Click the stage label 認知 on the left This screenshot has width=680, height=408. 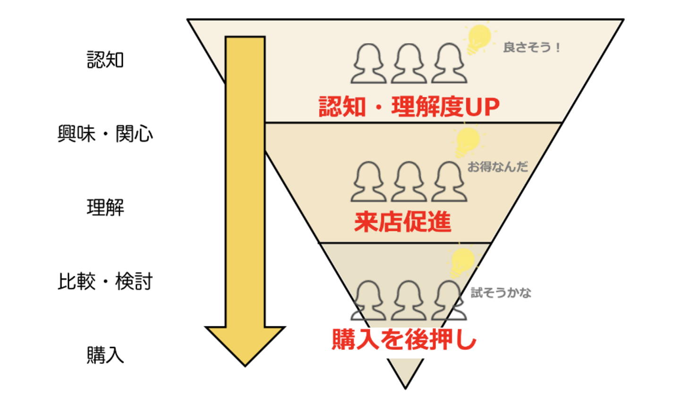pos(105,59)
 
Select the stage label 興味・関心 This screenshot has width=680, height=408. pos(105,133)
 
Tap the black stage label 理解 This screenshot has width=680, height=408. pos(105,208)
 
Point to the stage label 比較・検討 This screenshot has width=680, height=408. pos(105,281)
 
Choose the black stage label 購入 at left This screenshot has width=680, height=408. pos(105,355)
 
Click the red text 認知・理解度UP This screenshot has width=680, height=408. pos(409,107)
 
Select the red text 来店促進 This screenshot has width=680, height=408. pos(403,222)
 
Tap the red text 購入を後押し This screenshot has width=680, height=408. pos(404,340)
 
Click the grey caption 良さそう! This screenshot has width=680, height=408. pos(531,47)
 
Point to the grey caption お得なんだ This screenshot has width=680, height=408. pos(498,167)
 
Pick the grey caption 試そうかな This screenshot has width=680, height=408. pos(501,292)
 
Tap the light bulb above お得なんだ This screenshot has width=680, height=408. pos(467,142)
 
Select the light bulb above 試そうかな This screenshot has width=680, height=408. pos(462,263)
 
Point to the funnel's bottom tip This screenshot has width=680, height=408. pos(405,388)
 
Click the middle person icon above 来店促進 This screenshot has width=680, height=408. pos(409,182)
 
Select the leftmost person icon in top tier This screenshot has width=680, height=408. pos(368,63)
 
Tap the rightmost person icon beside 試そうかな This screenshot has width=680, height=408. pos(449,300)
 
